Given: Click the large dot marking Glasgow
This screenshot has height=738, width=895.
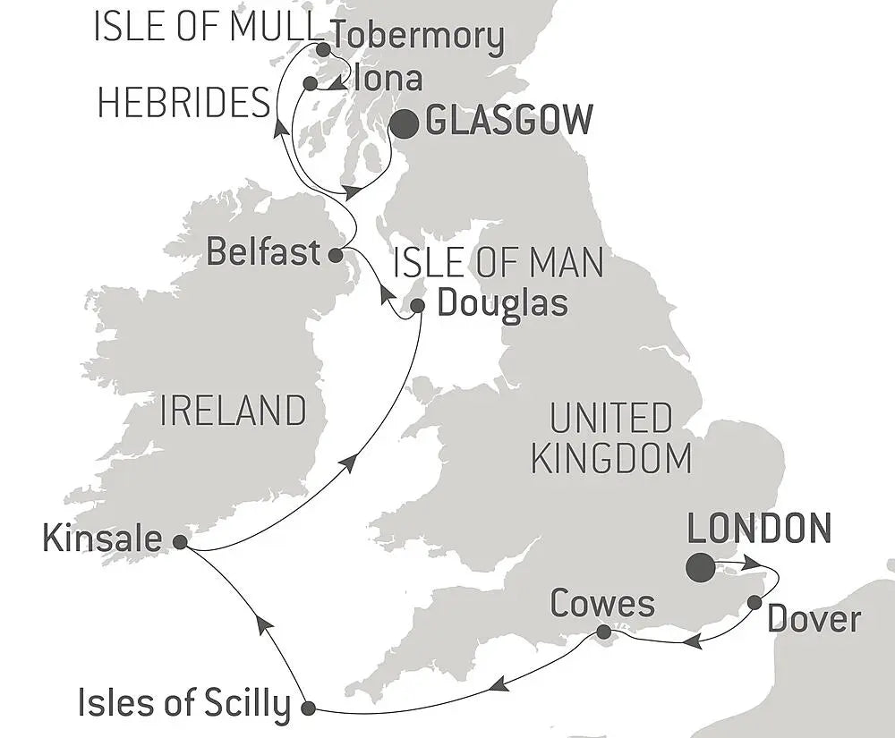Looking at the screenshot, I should (x=405, y=124).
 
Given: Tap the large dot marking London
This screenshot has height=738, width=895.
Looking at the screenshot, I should (x=701, y=567).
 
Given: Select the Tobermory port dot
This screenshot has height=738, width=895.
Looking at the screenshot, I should (x=322, y=48).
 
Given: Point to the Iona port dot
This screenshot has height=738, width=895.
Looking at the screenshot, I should (x=310, y=83).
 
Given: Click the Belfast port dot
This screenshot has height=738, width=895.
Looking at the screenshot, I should (x=335, y=255).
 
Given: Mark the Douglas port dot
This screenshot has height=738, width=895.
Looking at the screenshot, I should (x=417, y=306).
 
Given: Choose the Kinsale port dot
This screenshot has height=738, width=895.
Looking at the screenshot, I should (x=180, y=541).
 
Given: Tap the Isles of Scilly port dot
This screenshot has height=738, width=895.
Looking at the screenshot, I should (x=309, y=708).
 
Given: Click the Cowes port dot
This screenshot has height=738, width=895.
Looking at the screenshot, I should (x=604, y=632).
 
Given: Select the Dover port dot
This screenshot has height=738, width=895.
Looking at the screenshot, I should (x=754, y=601).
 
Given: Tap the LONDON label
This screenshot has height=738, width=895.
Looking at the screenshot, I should (x=759, y=529).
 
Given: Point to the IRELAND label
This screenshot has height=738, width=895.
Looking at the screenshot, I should (x=233, y=411).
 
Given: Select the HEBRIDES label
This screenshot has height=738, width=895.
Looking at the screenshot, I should (x=183, y=103).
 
